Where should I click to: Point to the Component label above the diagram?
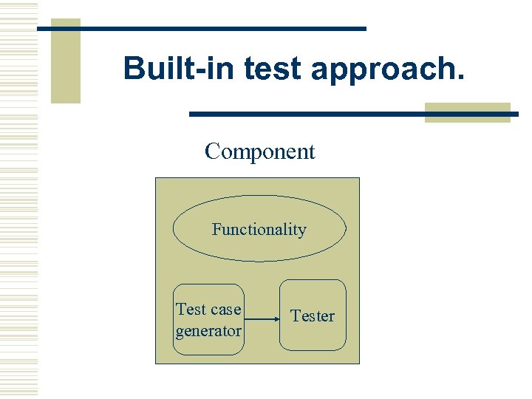click(x=259, y=151)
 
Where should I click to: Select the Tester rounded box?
click(x=312, y=316)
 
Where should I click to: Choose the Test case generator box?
click(x=208, y=320)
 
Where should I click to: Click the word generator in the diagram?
click(x=208, y=331)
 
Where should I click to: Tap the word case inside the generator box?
click(x=225, y=310)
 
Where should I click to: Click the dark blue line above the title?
click(x=222, y=28)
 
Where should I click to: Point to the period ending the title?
click(x=462, y=78)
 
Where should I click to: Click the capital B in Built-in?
click(x=134, y=68)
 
